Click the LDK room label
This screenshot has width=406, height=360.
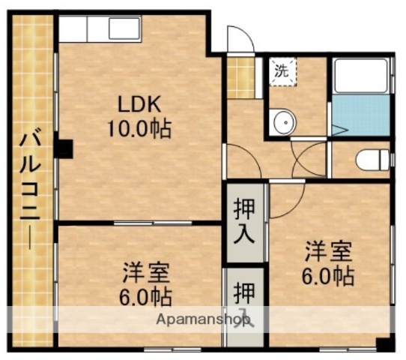[x=138, y=103]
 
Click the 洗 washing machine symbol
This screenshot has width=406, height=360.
[x=282, y=73]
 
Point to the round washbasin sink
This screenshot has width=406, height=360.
[x=282, y=121]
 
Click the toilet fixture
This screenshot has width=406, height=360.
[x=372, y=159]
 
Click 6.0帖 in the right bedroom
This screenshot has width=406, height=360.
[x=328, y=276]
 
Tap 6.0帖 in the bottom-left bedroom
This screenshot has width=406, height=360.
[x=145, y=295]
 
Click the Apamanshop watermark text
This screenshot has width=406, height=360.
[x=202, y=320]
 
